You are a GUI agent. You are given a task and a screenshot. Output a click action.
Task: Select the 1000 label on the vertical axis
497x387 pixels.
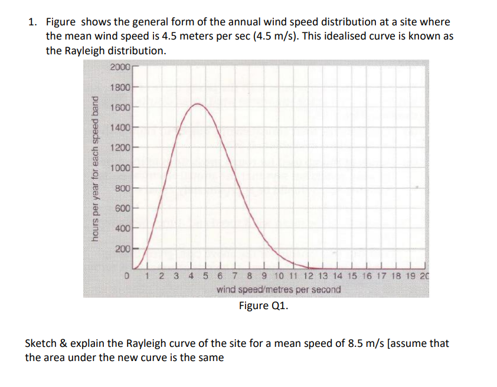[120, 168]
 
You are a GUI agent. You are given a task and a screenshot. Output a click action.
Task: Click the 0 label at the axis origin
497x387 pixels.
[126, 276]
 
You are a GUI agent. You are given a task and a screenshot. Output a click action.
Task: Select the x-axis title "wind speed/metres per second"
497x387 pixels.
[279, 290]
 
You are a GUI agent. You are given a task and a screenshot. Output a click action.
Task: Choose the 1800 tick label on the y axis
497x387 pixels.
[120, 87]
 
